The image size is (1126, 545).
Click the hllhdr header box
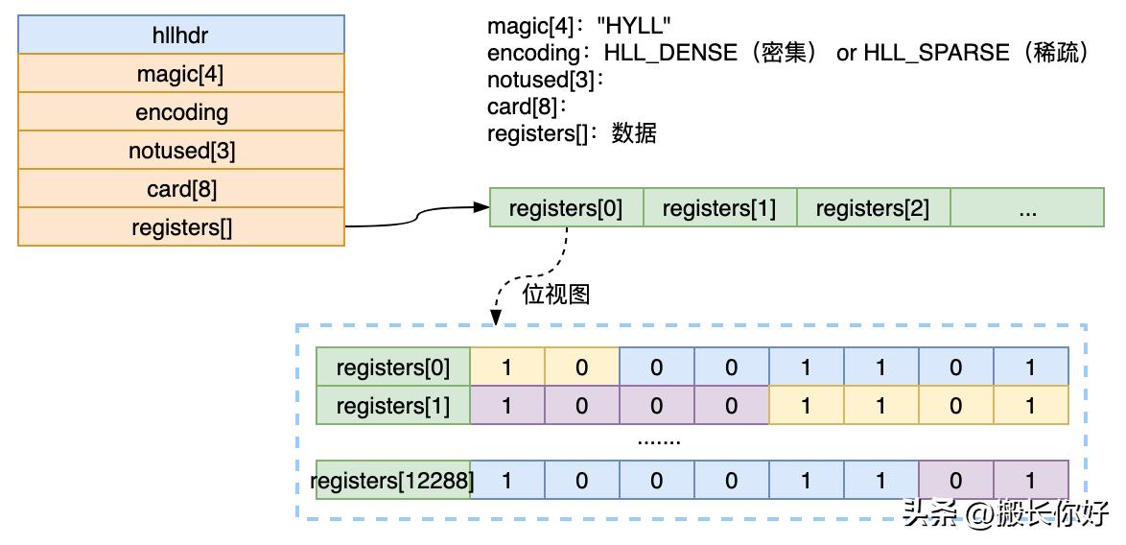coord(180,35)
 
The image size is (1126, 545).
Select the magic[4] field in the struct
coord(180,73)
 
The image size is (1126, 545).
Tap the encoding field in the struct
coord(180,112)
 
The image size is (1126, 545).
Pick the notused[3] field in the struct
coord(180,151)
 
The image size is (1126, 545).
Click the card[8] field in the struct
coord(180,189)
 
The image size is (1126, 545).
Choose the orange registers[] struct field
coord(180,227)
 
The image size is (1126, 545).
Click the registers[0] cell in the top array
coord(566,208)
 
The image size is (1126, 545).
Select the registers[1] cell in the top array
coord(719,208)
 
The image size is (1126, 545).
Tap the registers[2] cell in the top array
coord(873,208)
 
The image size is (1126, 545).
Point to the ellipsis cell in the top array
coord(1027,208)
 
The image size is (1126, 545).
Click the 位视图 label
coord(555,294)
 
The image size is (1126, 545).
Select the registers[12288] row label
coord(393,480)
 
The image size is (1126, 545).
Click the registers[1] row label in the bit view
coord(393,405)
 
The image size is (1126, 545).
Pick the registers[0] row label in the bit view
coord(393,367)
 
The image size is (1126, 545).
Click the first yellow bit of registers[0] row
coord(507,367)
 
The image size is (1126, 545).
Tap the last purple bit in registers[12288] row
coord(1030,480)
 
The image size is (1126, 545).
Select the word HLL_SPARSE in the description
coord(936,53)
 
